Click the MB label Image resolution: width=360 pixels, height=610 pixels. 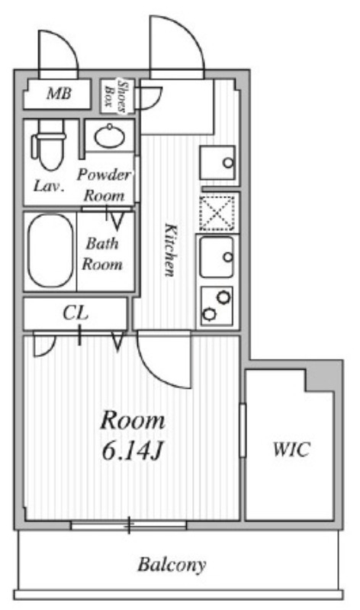point(59,95)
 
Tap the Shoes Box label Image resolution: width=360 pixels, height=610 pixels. point(116,93)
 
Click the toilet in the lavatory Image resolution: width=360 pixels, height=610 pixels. point(49,146)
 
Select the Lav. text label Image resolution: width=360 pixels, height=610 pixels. point(47,185)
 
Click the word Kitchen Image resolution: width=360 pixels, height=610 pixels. point(172,250)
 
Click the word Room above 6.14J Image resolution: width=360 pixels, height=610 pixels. point(133,420)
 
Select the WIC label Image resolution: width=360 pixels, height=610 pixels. point(291,450)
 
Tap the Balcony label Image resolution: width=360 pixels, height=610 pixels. point(172,565)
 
